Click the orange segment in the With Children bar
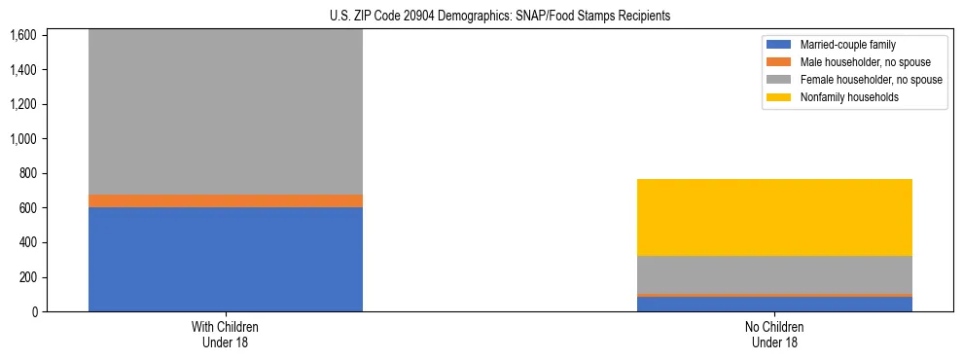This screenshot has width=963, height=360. click(x=225, y=200)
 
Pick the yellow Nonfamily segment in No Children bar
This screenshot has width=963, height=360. click(x=774, y=217)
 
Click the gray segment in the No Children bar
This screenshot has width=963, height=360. click(x=774, y=274)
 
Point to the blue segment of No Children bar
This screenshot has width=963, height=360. click(x=774, y=304)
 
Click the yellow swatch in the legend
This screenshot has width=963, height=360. click(x=780, y=97)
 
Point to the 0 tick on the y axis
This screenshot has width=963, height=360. click(x=35, y=311)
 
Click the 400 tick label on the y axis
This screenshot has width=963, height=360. click(x=27, y=242)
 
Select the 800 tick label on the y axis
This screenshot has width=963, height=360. click(x=27, y=173)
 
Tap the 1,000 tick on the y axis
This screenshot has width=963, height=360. click(x=23, y=139)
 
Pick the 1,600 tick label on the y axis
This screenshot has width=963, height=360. click(x=23, y=35)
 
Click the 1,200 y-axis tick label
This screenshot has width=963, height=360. click(x=23, y=104)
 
